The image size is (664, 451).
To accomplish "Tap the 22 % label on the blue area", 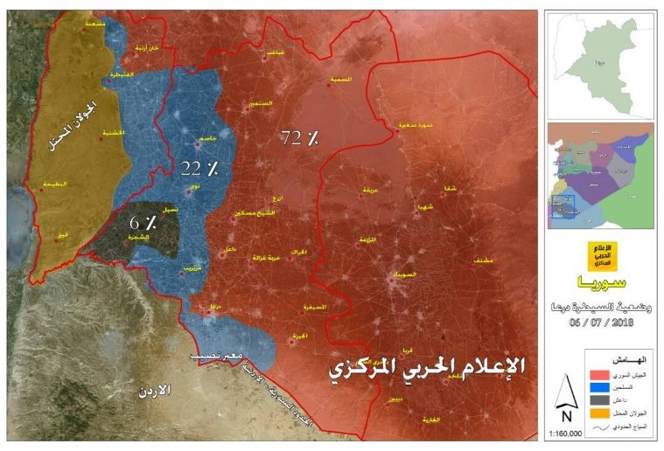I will pos(199,167).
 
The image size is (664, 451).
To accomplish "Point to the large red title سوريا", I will pos(600,284).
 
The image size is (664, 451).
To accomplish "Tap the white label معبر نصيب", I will pos(217,357).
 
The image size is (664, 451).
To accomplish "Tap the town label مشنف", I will pos(479,260).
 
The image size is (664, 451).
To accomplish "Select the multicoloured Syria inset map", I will pos(599,175).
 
